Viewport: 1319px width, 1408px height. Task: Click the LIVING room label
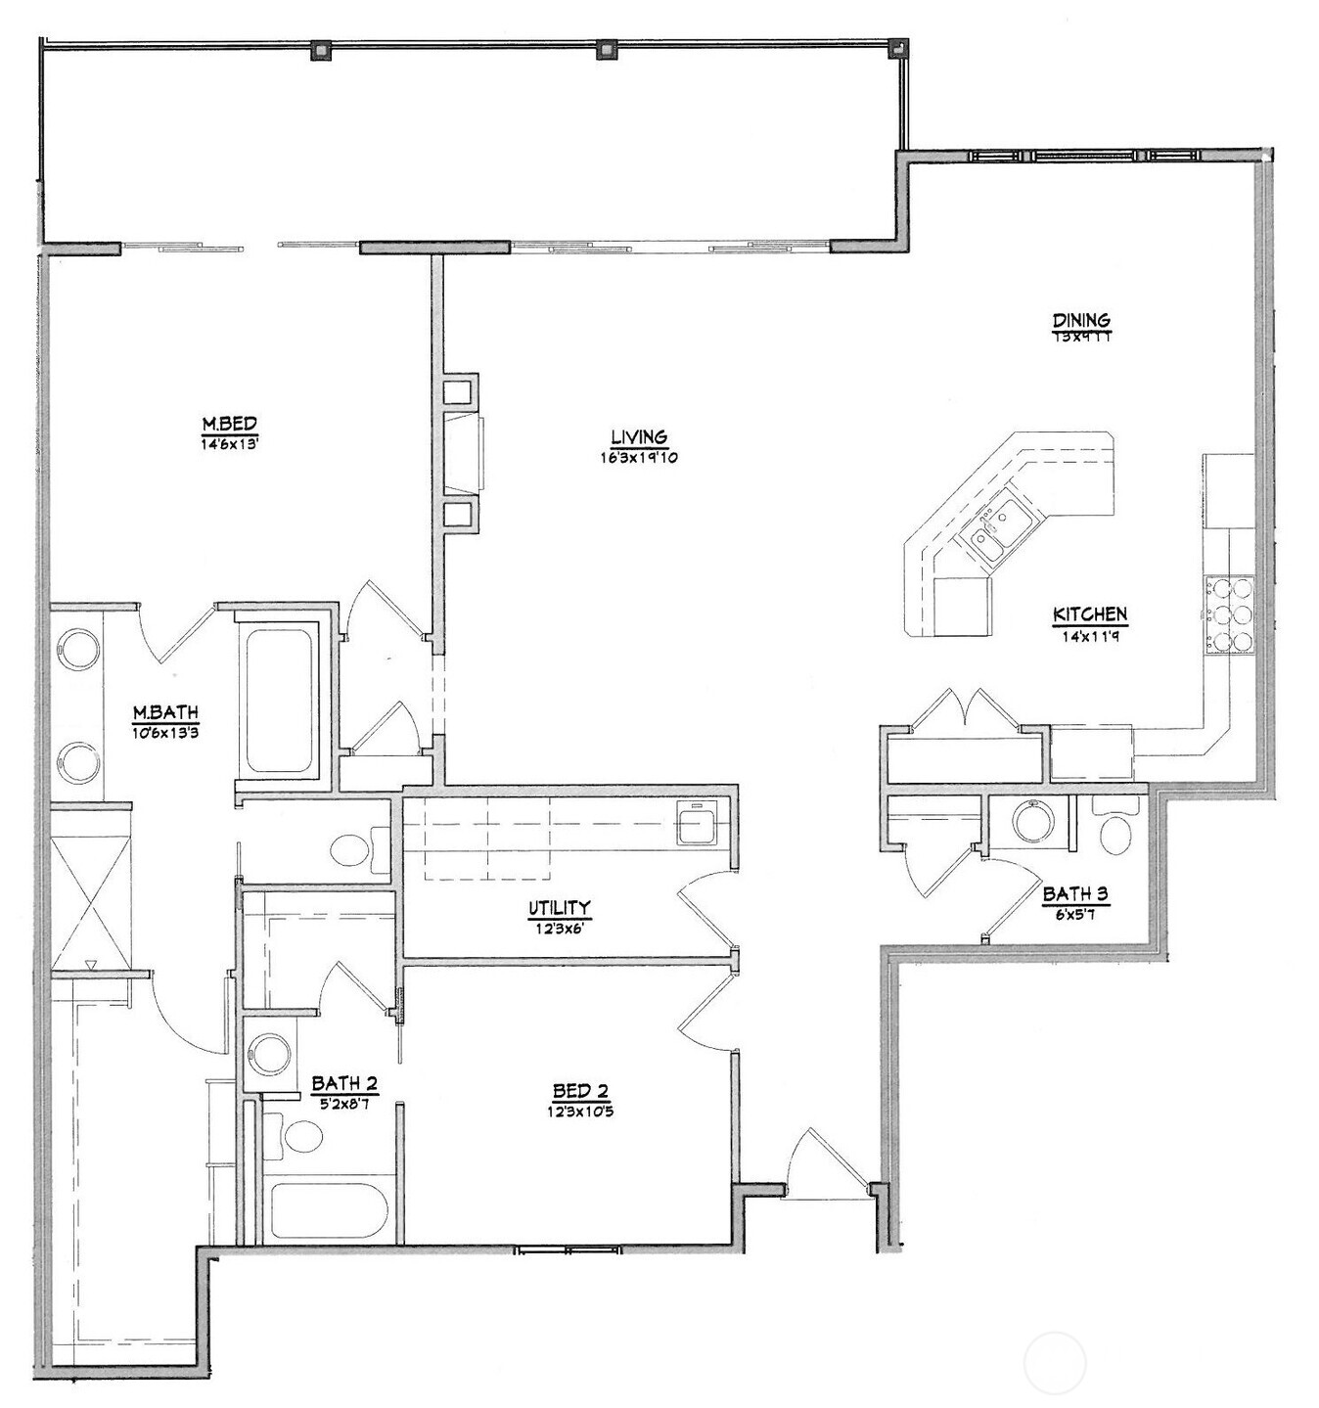click(639, 436)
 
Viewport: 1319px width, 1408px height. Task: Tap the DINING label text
click(1080, 320)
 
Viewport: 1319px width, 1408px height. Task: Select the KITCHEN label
click(1089, 614)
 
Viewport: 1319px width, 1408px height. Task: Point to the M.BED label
click(229, 424)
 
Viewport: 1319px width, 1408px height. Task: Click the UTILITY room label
click(560, 907)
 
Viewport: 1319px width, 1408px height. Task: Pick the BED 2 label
click(580, 1091)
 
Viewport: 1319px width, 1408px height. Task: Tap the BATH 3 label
click(1074, 893)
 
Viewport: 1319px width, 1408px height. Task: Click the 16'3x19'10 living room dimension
click(639, 457)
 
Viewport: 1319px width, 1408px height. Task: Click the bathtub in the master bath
click(279, 703)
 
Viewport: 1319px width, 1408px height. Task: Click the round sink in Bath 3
click(1032, 823)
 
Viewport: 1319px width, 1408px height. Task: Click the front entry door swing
click(827, 1164)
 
